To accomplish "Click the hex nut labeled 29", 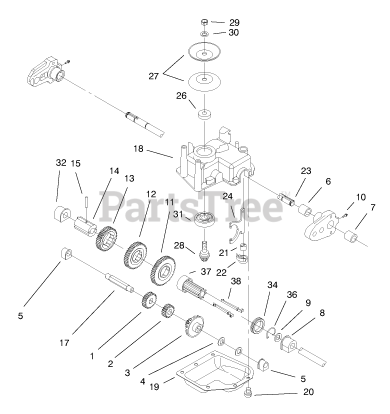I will coord(204,22).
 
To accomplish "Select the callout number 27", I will coord(153,76).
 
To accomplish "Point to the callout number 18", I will coord(138,148).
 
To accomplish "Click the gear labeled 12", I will coord(135,254).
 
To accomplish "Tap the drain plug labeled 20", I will coord(247,393).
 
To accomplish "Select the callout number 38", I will coord(236,281).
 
